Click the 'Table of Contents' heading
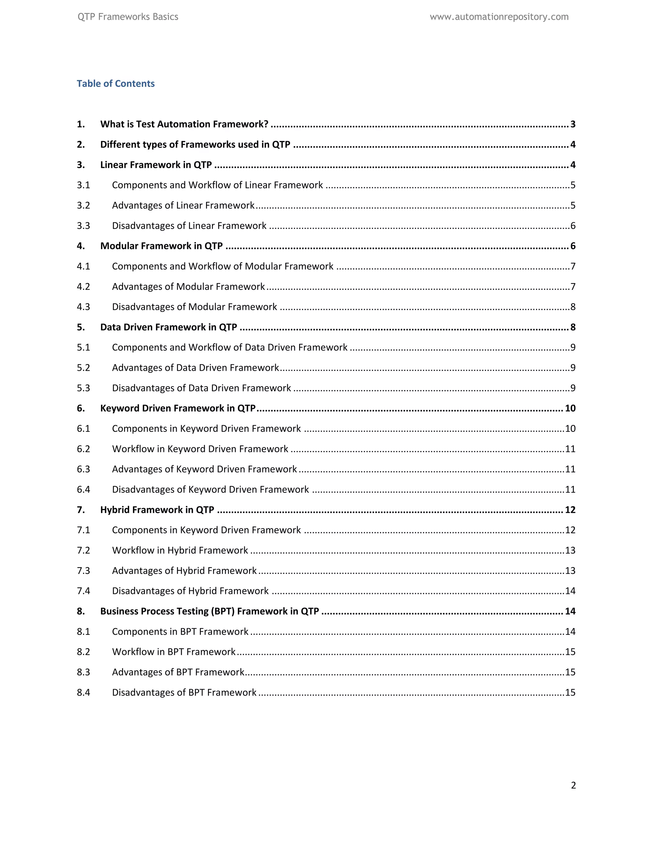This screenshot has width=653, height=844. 116,83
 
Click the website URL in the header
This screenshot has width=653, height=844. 499,17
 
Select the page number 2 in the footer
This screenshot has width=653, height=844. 573,785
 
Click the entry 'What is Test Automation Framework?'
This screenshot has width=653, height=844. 184,124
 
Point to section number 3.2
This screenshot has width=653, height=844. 83,205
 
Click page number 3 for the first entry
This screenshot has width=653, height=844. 573,124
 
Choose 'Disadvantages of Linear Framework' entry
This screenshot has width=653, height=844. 189,226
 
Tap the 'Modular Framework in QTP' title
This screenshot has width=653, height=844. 161,246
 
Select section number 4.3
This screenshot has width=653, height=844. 83,307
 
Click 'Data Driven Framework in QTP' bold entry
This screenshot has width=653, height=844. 168,327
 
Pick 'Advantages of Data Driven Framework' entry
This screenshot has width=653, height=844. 195,368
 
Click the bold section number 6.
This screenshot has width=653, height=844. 80,408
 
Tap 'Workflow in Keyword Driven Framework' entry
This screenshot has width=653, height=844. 200,449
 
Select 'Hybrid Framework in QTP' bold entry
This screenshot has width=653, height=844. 157,510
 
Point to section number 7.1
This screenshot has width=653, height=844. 83,530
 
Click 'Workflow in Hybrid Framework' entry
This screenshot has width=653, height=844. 180,550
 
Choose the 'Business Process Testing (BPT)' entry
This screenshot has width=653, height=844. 209,611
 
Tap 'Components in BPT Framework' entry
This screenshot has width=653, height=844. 180,632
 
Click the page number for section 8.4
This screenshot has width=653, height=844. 570,692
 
